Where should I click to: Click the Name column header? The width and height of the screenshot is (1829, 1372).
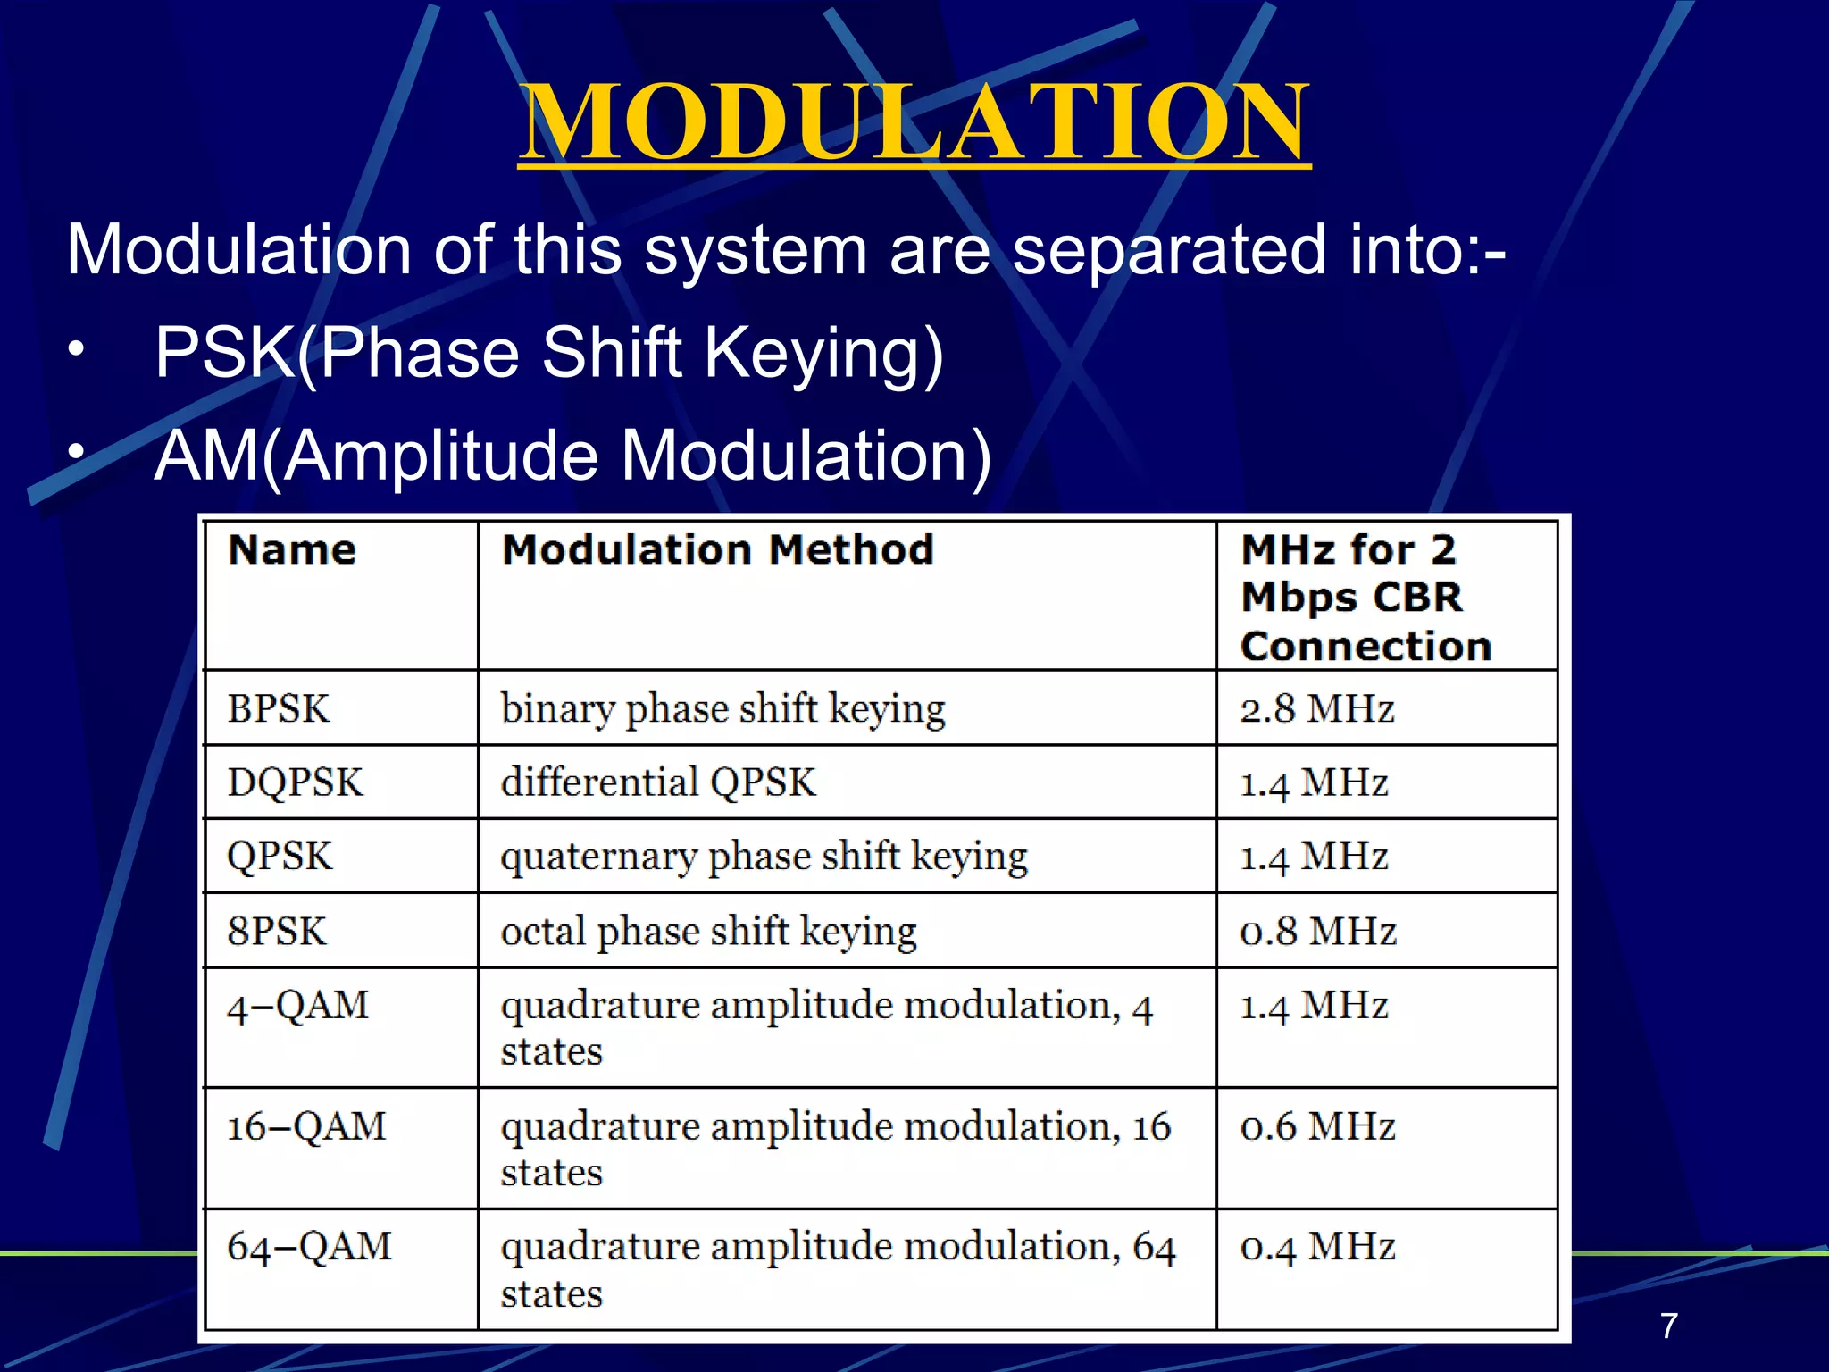click(x=292, y=549)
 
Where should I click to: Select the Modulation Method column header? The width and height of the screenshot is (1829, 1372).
click(x=717, y=549)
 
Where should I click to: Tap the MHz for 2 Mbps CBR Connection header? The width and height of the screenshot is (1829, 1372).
click(x=1365, y=597)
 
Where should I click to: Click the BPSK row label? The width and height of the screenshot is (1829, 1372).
click(x=279, y=709)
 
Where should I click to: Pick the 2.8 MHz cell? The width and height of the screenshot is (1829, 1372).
click(x=1316, y=709)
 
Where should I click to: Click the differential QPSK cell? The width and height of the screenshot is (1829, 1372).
click(x=658, y=782)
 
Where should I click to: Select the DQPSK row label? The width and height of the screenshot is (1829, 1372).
click(x=295, y=782)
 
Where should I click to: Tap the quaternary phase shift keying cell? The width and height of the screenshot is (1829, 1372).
click(x=764, y=857)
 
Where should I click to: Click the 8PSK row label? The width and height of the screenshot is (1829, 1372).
click(x=277, y=932)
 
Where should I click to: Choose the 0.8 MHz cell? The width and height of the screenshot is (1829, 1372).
click(x=1317, y=932)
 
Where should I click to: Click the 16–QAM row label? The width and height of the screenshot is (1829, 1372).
click(x=306, y=1126)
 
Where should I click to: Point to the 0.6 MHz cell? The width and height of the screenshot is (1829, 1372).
click(x=1317, y=1126)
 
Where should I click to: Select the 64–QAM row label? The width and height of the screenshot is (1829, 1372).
click(x=309, y=1247)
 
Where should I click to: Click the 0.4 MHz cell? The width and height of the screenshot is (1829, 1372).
click(x=1317, y=1247)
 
